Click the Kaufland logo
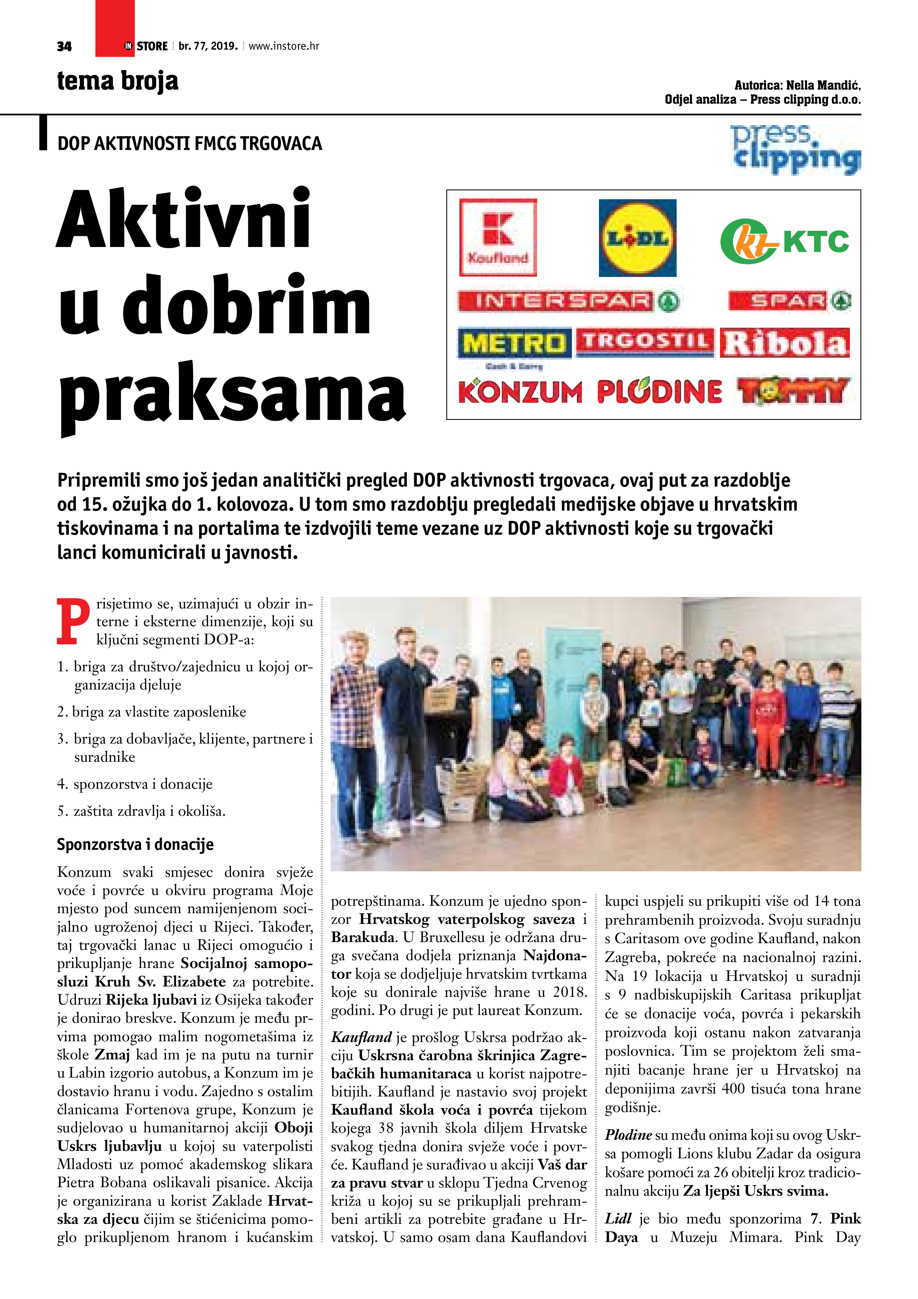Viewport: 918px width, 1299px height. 498,238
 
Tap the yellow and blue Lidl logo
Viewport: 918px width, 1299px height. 637,238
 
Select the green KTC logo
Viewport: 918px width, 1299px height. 784,241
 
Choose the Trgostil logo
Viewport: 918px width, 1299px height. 645,342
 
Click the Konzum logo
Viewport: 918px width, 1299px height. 520,391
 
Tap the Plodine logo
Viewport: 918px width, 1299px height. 660,391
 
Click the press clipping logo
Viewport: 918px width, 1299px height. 795,149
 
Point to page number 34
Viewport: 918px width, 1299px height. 64,46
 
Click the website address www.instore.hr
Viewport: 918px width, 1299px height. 284,46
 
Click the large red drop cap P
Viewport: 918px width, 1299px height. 73,622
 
